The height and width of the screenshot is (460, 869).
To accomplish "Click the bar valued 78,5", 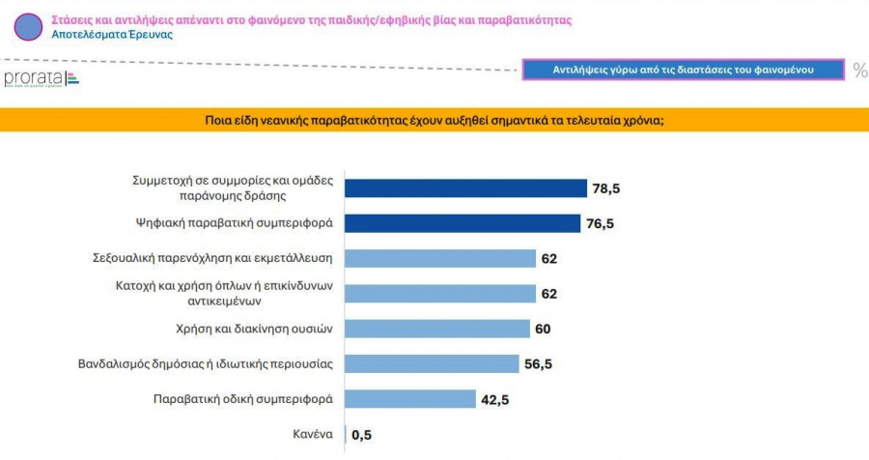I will pyautogui.click(x=466, y=188).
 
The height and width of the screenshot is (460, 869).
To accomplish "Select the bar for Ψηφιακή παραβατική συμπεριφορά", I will pyautogui.click(x=463, y=223).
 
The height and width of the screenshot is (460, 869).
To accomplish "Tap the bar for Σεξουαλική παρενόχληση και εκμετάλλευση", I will pyautogui.click(x=440, y=258).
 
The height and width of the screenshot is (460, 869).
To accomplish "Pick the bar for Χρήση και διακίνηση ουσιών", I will pyautogui.click(x=437, y=329).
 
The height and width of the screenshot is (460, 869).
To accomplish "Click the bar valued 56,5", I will pyautogui.click(x=432, y=363).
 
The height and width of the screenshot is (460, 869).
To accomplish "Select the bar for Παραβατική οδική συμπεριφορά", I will pyautogui.click(x=410, y=399).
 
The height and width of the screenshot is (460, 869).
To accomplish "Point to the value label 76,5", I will pyautogui.click(x=600, y=223).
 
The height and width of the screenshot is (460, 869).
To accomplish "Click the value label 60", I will pyautogui.click(x=543, y=329).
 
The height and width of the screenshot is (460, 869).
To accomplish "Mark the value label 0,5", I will pyautogui.click(x=362, y=435).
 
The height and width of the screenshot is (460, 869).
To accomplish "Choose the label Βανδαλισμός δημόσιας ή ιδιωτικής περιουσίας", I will pyautogui.click(x=206, y=363).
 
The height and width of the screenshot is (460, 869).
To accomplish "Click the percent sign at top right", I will pyautogui.click(x=859, y=70).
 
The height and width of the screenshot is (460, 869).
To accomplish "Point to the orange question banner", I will pyautogui.click(x=434, y=120).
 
